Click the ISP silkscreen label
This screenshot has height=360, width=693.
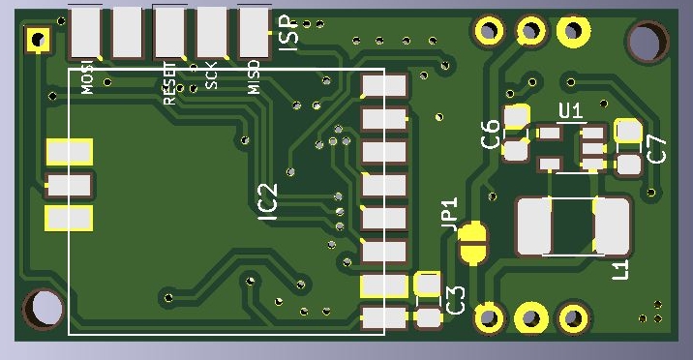(x=287, y=32)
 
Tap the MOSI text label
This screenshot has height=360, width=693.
(x=88, y=77)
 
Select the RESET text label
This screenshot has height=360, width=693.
(x=169, y=83)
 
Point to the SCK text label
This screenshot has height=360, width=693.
(x=211, y=75)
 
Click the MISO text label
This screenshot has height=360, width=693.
(x=254, y=77)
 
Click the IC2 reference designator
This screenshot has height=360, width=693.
(x=268, y=202)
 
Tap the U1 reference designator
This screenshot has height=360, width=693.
(x=571, y=111)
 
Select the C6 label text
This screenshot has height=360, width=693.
(x=490, y=134)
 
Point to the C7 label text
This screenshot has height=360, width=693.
(x=656, y=149)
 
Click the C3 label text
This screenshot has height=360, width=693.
(x=456, y=300)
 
